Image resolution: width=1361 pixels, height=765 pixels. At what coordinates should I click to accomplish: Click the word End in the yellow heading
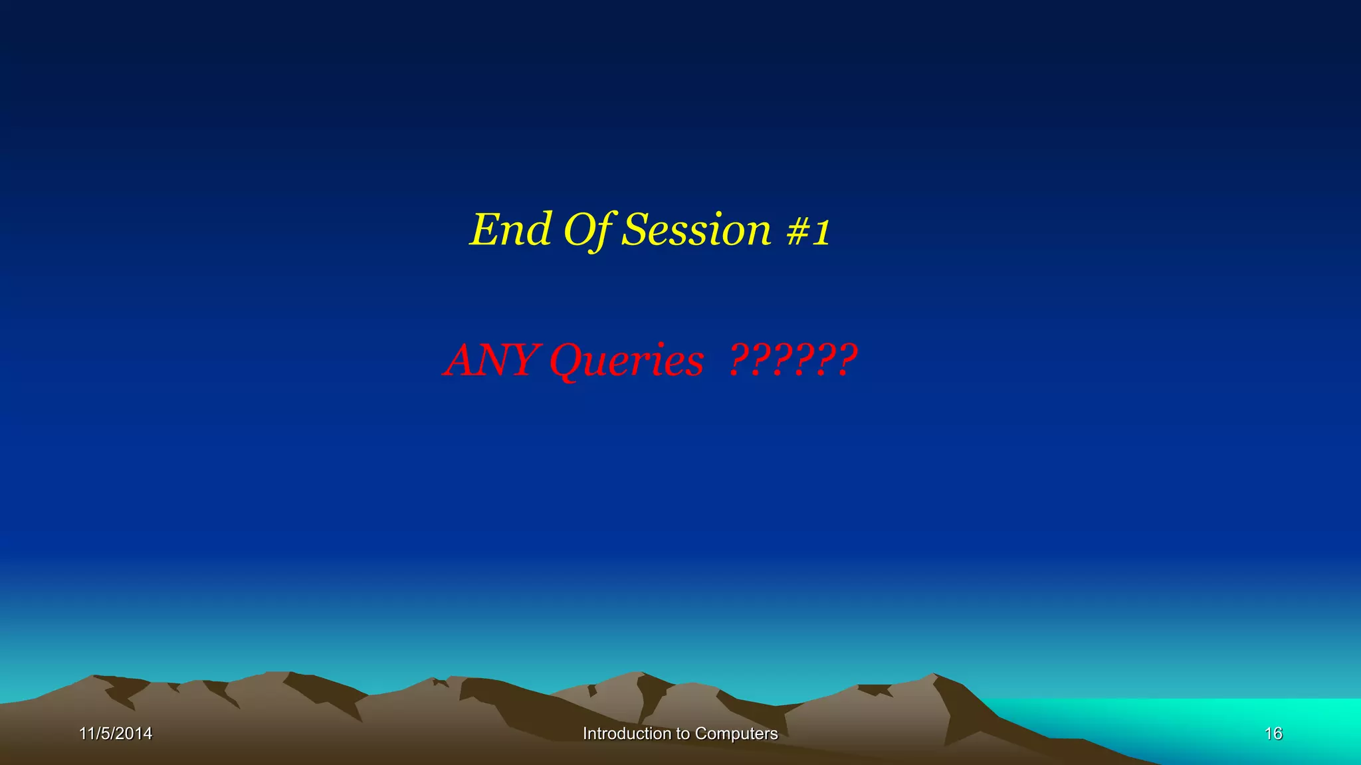tap(510, 230)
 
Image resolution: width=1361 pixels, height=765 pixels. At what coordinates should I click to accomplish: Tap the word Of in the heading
tap(588, 230)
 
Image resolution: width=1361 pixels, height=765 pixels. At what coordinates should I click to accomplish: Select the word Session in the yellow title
tap(696, 230)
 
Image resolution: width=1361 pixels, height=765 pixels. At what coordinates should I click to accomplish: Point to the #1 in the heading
tap(808, 231)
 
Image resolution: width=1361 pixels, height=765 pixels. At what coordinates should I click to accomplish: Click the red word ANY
tap(490, 360)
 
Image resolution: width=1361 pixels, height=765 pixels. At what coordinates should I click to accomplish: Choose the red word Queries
tap(626, 361)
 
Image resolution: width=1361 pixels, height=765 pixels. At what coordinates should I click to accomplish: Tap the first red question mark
tap(737, 360)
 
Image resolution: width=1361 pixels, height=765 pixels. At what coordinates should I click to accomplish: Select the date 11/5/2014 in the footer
tap(116, 734)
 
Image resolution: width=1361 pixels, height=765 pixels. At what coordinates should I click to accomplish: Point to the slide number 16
tap(1273, 734)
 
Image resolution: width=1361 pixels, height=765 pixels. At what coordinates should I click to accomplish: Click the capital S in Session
tap(635, 230)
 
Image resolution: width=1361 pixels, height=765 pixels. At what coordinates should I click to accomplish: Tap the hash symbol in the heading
tap(797, 231)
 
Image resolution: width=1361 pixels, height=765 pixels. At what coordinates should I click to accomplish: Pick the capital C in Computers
tap(700, 734)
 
